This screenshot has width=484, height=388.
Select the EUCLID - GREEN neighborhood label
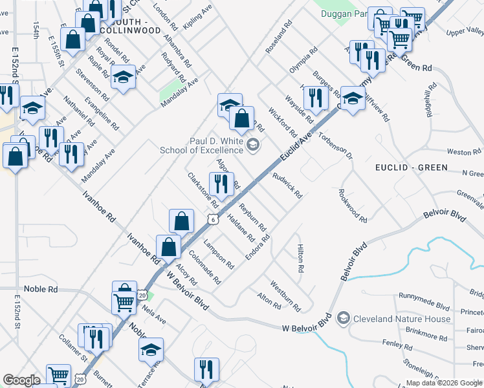pos(412,167)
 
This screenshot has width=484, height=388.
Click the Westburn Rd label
pos(285,294)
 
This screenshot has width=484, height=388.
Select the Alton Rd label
pos(269,300)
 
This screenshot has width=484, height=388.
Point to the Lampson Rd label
pos(218,253)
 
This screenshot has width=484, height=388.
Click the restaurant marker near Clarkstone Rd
pos(221,184)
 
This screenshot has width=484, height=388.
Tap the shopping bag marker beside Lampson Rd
pos(182,221)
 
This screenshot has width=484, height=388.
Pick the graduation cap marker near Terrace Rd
pos(151,349)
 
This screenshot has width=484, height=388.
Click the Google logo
pos(21,380)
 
